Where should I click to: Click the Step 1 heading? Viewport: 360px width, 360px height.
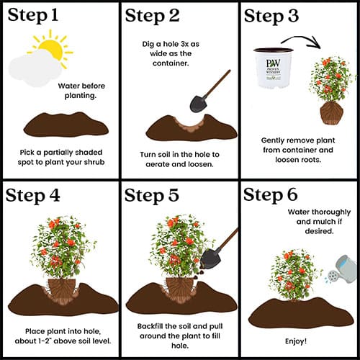[33, 16]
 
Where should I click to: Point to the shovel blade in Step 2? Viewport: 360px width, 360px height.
[199, 104]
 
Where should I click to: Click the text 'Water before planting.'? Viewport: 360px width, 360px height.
[81, 91]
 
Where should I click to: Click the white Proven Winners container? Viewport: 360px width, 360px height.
[274, 68]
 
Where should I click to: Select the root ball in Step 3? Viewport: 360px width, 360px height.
[332, 113]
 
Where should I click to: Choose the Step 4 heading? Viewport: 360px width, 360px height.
[32, 196]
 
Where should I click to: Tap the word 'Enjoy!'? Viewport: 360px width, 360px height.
[296, 341]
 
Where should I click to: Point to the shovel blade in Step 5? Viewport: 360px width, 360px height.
[210, 258]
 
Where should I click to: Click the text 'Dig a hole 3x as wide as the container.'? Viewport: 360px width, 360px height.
[171, 53]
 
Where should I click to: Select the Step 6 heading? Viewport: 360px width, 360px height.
[271, 195]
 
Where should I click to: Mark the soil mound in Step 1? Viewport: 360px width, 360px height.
[66, 125]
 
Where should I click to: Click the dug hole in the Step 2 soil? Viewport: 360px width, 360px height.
[191, 125]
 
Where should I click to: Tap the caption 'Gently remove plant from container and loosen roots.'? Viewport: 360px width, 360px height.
[298, 150]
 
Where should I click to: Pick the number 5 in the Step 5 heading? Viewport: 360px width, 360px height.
[173, 195]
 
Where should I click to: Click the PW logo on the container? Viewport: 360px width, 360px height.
[273, 63]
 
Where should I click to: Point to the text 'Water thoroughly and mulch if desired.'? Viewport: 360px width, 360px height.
[319, 222]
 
